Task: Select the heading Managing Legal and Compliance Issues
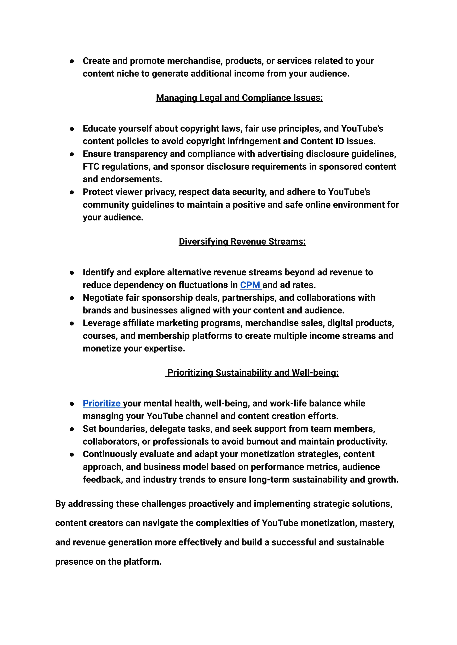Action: pyautogui.click(x=239, y=98)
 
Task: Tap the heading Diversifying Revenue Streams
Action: pyautogui.click(x=242, y=241)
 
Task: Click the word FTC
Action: pyautogui.click(x=91, y=167)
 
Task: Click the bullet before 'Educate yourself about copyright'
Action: pyautogui.click(x=72, y=129)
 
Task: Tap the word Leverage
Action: pyautogui.click(x=102, y=323)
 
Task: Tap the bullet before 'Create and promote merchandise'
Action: pyautogui.click(x=72, y=61)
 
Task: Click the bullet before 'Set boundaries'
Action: pyautogui.click(x=72, y=429)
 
